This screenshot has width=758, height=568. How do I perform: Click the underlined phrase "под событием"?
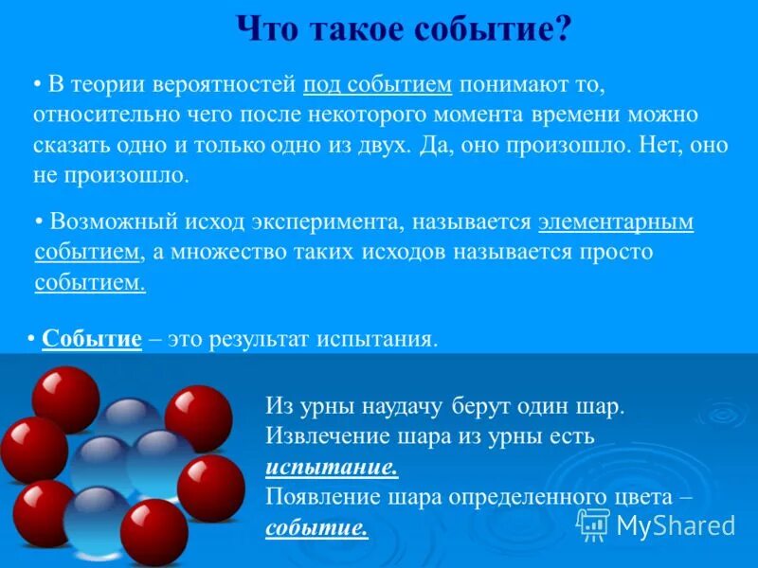tap(378, 84)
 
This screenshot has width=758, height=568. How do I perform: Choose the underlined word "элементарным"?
tap(616, 223)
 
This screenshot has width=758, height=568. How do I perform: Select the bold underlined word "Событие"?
tap(92, 340)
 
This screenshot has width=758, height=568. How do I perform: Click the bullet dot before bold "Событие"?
tap(31, 340)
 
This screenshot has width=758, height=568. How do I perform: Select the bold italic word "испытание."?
tap(332, 467)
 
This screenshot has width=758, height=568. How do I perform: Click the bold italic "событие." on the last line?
tap(316, 527)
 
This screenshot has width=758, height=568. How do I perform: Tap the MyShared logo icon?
tap(593, 524)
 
